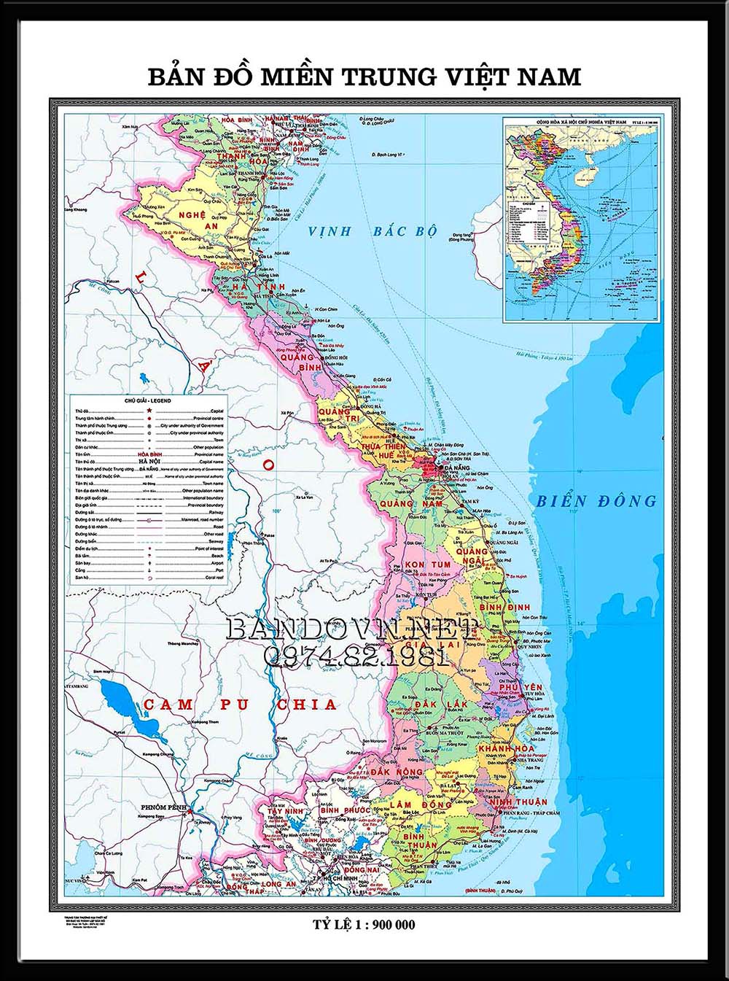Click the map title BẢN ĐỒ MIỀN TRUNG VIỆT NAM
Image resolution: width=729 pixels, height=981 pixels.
(364, 77)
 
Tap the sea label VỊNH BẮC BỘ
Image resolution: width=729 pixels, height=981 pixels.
(372, 232)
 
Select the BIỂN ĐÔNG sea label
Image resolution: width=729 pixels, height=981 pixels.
(596, 501)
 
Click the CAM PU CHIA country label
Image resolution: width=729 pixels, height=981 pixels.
(241, 705)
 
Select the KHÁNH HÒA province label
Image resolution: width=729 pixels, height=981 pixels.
(506, 748)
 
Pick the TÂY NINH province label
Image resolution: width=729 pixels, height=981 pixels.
(284, 811)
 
